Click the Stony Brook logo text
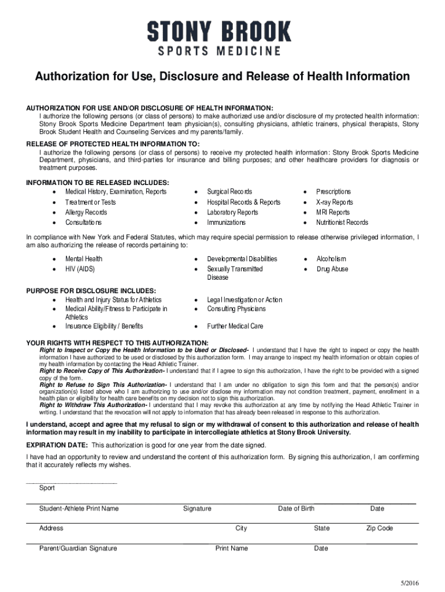219,31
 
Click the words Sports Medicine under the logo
219,51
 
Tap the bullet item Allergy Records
86,212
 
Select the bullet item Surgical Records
229,191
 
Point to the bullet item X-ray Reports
334,202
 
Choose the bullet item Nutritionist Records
342,223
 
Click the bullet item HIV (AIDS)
80,269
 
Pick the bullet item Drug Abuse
332,269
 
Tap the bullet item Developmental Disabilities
242,259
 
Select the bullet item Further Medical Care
235,326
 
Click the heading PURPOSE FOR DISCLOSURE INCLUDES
91,290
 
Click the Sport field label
47,488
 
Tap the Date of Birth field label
296,509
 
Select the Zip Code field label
379,528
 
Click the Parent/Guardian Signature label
78,549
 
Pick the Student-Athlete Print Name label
79,509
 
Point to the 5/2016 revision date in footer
409,582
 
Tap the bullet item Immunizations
226,223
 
